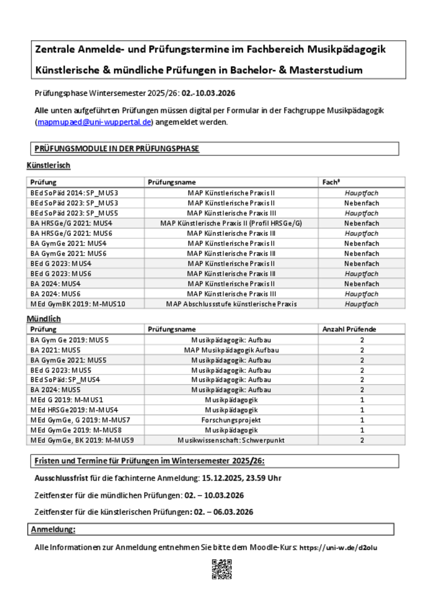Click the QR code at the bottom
point(222,569)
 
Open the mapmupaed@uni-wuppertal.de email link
point(94,122)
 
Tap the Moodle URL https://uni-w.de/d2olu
point(338,548)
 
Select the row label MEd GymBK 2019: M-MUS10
point(78,304)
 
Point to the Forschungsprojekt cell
point(231,420)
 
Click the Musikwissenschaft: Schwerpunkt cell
point(231,440)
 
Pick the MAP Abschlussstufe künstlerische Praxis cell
point(231,304)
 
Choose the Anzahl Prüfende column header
point(349,329)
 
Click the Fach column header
point(331,182)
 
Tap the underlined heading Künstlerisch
point(48,166)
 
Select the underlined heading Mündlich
point(43,319)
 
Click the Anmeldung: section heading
point(53,530)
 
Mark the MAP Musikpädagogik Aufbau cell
point(231,350)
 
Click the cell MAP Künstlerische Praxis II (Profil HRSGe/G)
point(231,223)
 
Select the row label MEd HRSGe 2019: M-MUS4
point(74,410)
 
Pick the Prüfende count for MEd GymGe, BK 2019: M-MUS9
point(362,440)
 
